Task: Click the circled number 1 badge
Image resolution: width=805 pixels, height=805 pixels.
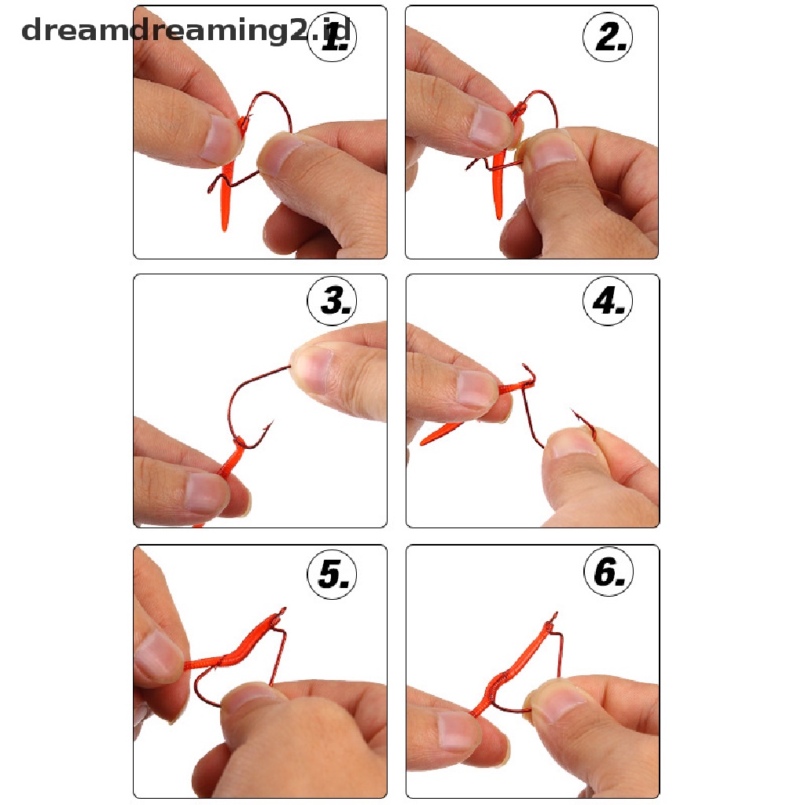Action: click(333, 37)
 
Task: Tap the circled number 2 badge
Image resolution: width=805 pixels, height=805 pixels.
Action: click(608, 37)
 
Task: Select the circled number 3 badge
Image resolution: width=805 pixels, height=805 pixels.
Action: click(333, 301)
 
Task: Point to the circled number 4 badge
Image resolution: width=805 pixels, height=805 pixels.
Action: click(608, 301)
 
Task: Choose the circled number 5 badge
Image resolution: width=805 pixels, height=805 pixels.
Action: click(333, 574)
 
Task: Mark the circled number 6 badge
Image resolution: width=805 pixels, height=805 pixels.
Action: click(609, 572)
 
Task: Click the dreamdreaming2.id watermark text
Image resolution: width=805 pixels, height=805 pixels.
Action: click(186, 31)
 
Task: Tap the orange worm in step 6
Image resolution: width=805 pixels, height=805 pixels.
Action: click(513, 667)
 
